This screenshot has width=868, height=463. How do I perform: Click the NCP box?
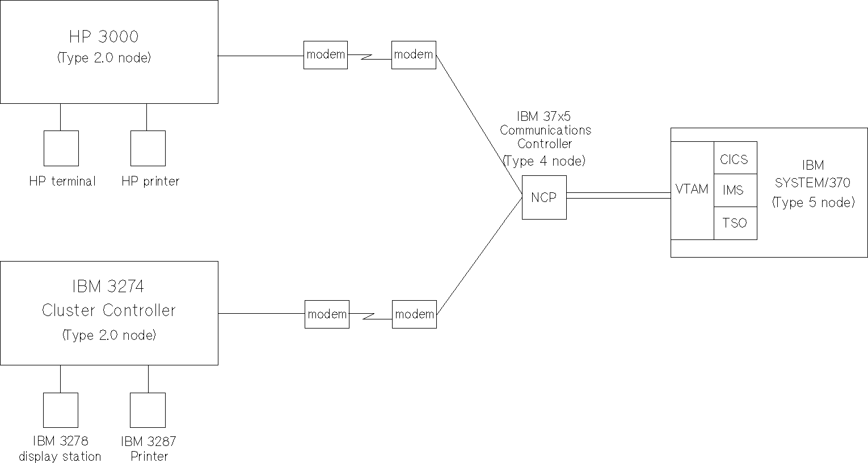click(x=544, y=197)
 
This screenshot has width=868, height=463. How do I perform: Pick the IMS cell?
click(x=735, y=190)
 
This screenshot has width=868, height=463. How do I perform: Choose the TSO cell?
click(x=735, y=223)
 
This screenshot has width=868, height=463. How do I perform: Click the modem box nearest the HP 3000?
click(x=326, y=55)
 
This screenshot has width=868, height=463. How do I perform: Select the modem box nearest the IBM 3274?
click(x=327, y=314)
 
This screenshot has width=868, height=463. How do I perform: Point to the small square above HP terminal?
click(x=61, y=148)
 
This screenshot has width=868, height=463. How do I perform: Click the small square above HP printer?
click(x=148, y=148)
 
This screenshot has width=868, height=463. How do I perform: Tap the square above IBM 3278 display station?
click(x=61, y=410)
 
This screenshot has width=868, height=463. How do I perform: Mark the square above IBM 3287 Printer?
click(x=148, y=410)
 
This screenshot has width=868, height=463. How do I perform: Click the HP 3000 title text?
click(x=104, y=37)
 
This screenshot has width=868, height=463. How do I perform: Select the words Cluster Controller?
click(x=109, y=310)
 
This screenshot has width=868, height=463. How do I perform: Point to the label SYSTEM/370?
click(x=812, y=183)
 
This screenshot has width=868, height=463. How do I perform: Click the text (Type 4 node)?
click(x=543, y=161)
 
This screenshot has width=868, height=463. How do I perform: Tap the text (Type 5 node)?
click(x=813, y=203)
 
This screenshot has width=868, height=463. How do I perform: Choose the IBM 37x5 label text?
click(x=543, y=116)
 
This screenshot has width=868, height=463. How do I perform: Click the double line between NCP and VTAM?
click(x=618, y=195)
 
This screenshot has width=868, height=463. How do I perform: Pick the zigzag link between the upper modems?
click(x=370, y=56)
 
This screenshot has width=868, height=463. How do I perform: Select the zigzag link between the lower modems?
click(x=370, y=315)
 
